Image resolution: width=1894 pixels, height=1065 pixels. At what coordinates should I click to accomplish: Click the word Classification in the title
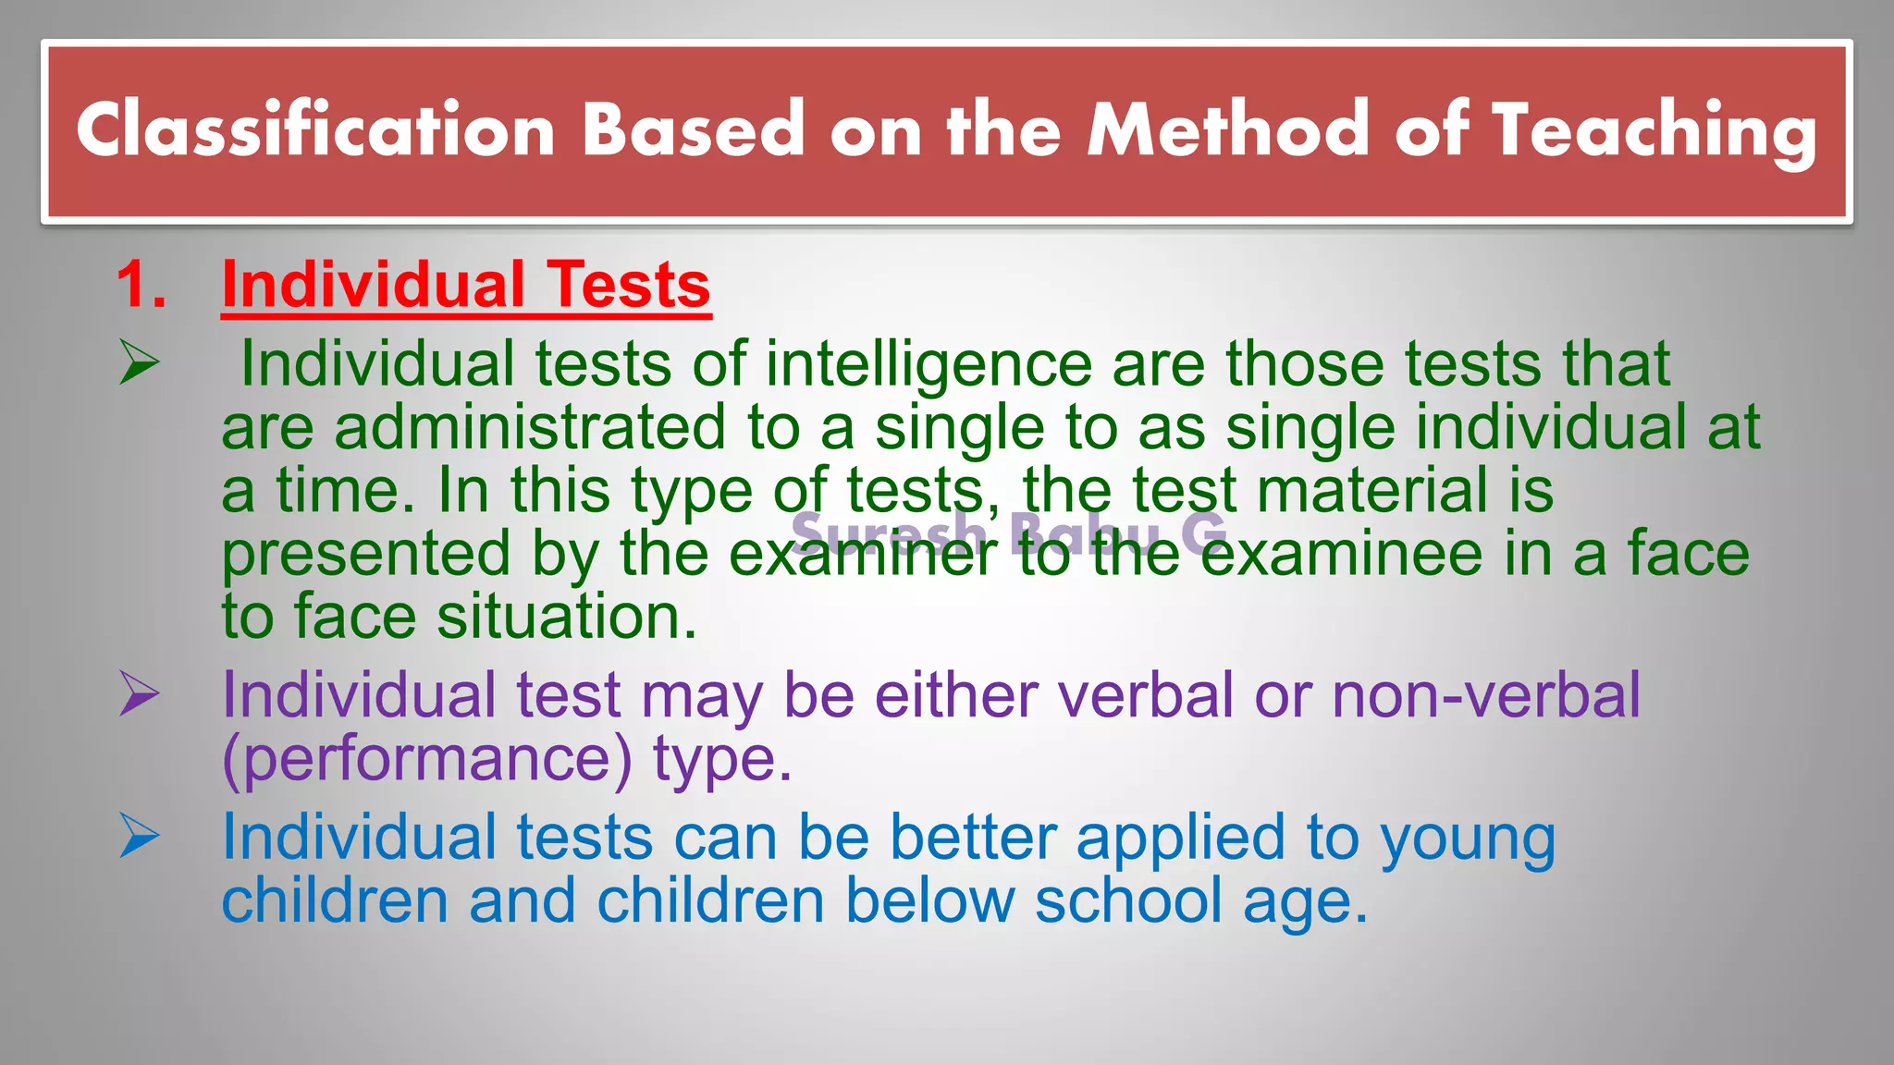pyautogui.click(x=315, y=130)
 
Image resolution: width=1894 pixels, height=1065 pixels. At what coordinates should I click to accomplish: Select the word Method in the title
pyautogui.click(x=1228, y=130)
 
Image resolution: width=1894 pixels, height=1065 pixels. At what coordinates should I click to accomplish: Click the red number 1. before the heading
pyautogui.click(x=141, y=285)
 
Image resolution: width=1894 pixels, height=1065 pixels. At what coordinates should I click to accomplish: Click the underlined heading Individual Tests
pyautogui.click(x=466, y=285)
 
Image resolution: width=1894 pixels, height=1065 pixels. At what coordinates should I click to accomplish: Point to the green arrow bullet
pyautogui.click(x=140, y=362)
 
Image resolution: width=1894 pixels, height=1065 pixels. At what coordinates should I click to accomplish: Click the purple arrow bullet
pyautogui.click(x=140, y=693)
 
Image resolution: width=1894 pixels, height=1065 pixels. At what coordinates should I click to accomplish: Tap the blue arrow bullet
pyautogui.click(x=140, y=836)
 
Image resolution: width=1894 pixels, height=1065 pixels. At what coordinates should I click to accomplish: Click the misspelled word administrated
pyautogui.click(x=530, y=428)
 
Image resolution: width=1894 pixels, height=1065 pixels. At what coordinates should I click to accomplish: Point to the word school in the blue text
pyautogui.click(x=1128, y=901)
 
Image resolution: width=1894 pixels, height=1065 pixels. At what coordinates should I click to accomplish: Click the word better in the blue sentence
pyautogui.click(x=973, y=838)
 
